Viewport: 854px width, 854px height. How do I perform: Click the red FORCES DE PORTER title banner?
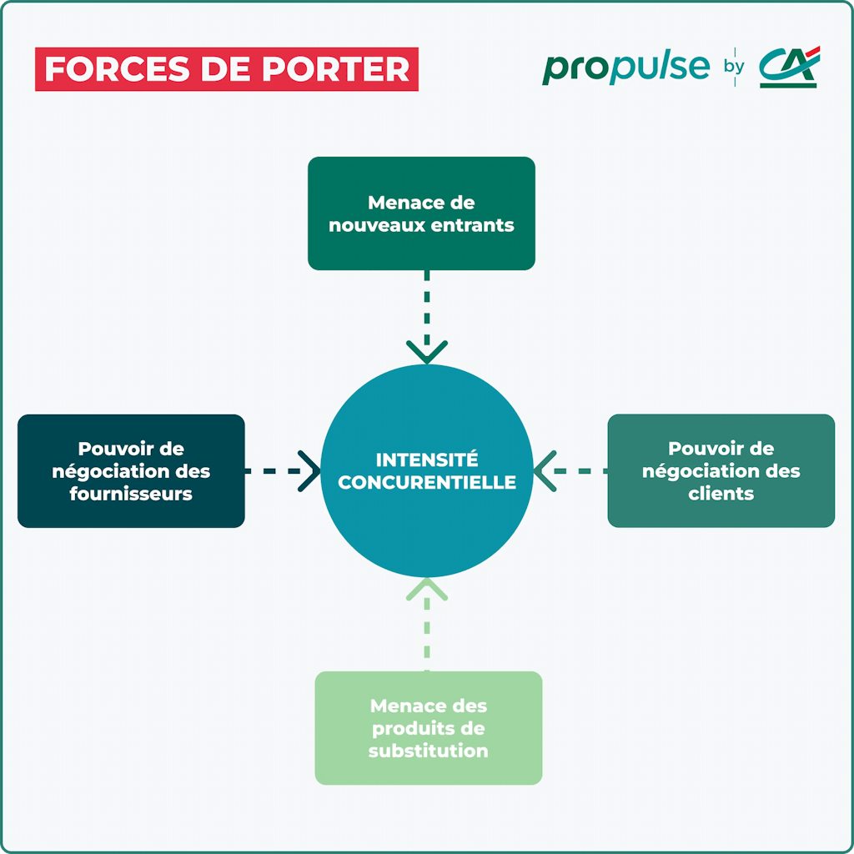pyautogui.click(x=226, y=69)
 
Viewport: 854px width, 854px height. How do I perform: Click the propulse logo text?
pyautogui.click(x=625, y=68)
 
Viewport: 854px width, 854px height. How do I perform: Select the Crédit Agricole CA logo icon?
pyautogui.click(x=789, y=67)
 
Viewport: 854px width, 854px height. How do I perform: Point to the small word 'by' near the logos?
pyautogui.click(x=734, y=67)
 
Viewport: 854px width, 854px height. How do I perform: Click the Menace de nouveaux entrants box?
pyautogui.click(x=421, y=213)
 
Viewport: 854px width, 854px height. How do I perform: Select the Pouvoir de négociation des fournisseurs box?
pyautogui.click(x=131, y=471)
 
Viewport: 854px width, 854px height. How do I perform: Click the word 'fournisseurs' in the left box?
pyautogui.click(x=131, y=494)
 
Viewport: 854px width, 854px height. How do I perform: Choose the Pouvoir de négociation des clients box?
pyautogui.click(x=721, y=471)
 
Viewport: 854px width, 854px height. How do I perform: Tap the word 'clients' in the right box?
pyautogui.click(x=721, y=494)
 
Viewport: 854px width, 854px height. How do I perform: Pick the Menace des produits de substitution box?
pyautogui.click(x=428, y=728)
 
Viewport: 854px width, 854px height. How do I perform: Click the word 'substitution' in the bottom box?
pyautogui.click(x=428, y=751)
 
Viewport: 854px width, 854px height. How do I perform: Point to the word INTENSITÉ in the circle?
pyautogui.click(x=427, y=460)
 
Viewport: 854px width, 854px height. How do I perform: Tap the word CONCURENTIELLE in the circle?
pyautogui.click(x=427, y=482)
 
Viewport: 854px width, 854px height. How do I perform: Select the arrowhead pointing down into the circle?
pyautogui.click(x=427, y=351)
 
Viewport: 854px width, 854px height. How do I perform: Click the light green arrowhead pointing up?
pyautogui.click(x=427, y=590)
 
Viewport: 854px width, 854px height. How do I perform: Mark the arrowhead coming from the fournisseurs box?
pyautogui.click(x=309, y=471)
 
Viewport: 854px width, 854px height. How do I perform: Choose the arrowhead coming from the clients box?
pyautogui.click(x=545, y=471)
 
